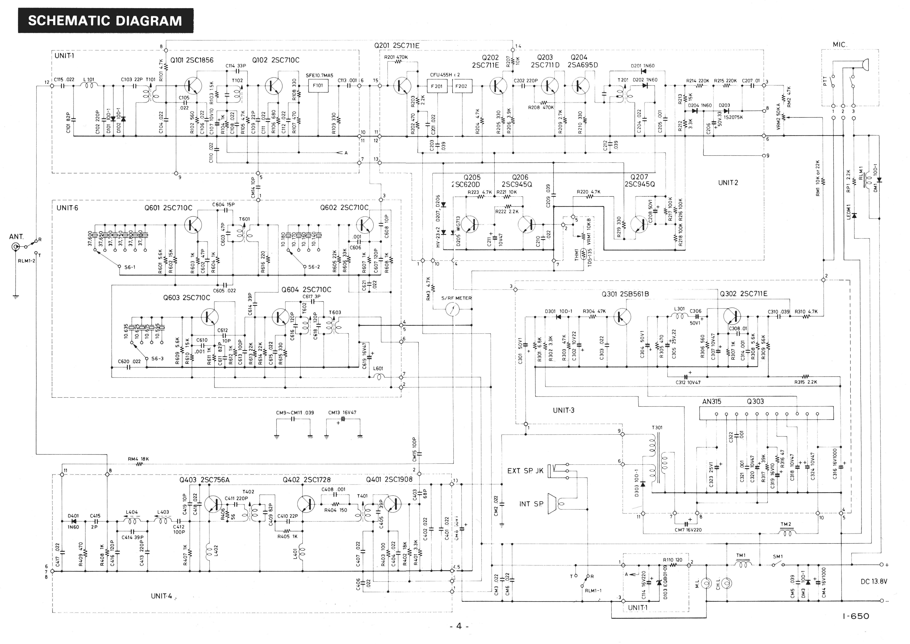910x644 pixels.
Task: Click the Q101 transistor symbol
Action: pos(193,85)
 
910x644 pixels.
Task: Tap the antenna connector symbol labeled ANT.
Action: pos(15,248)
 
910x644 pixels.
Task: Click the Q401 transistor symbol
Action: pos(392,504)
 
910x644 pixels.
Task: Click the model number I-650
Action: pos(856,616)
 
